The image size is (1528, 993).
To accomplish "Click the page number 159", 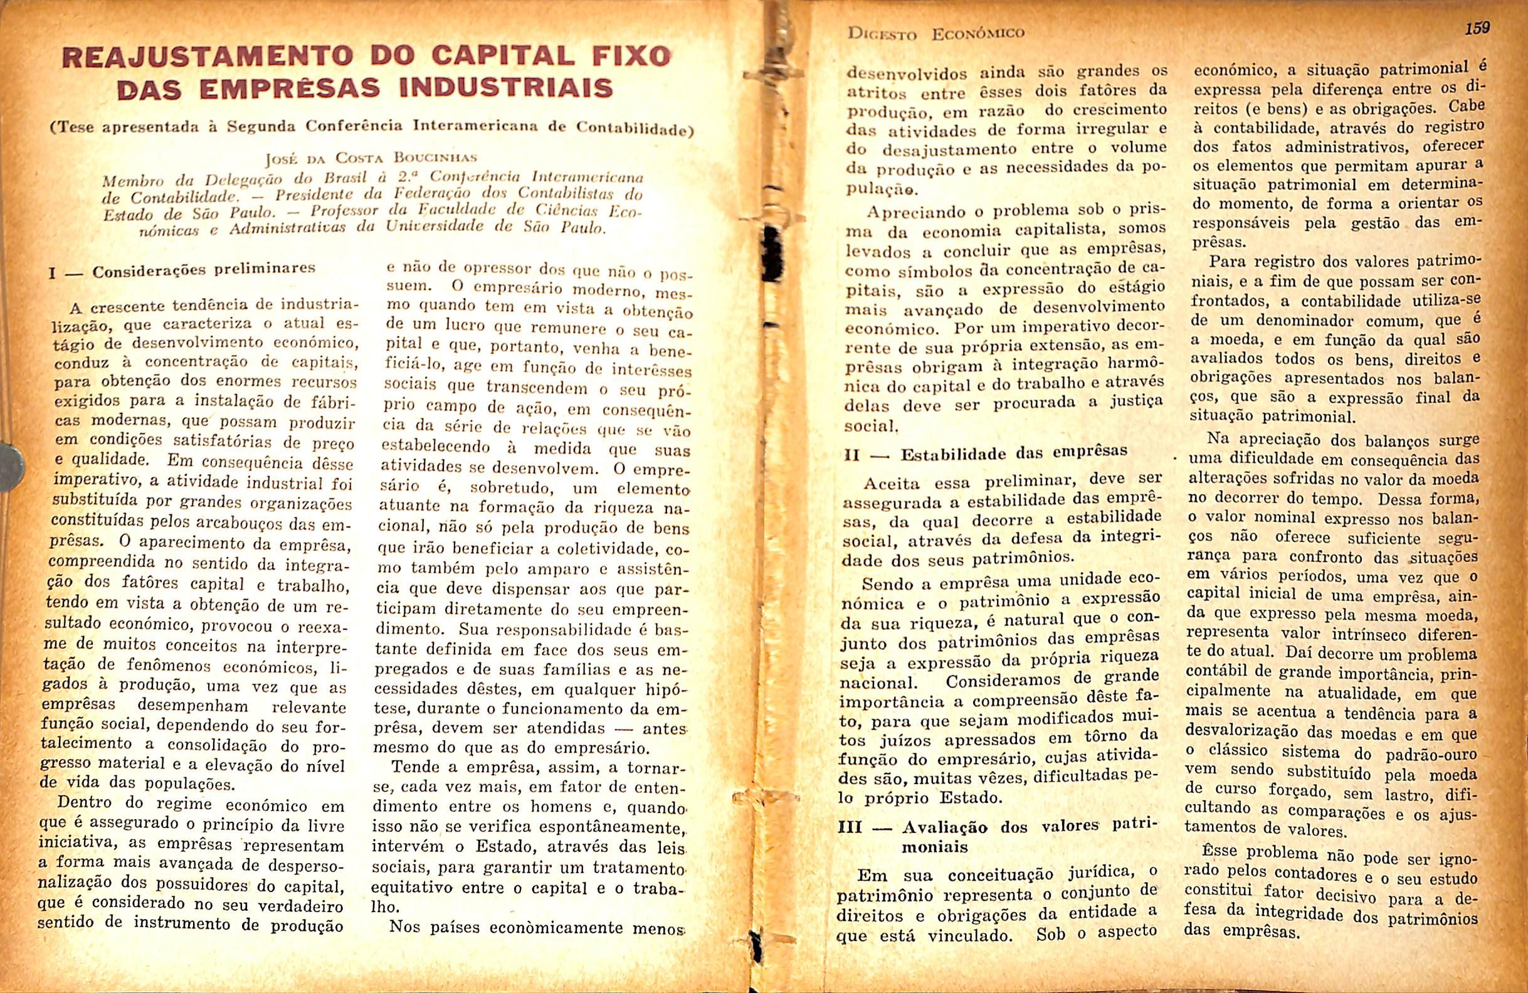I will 1477,29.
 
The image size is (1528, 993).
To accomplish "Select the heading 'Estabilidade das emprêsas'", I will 1014,454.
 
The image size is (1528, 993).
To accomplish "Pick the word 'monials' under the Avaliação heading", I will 934,847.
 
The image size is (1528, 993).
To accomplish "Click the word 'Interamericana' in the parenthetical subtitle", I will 474,125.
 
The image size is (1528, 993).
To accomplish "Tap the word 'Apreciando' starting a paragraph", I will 910,212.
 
